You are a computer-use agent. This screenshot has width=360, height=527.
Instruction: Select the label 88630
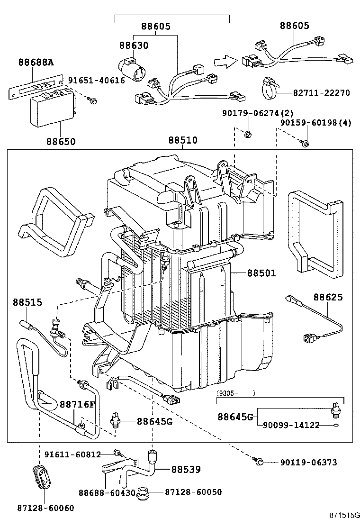[x=134, y=45]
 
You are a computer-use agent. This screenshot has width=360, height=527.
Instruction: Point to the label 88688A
[x=36, y=62]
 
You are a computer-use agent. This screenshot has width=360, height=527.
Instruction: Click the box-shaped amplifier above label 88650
[x=52, y=110]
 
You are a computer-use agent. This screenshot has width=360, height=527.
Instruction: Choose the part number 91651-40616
[x=96, y=81]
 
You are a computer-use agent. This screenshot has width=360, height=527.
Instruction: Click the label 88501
[x=261, y=273]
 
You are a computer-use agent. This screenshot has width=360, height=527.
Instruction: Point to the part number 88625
[x=328, y=297]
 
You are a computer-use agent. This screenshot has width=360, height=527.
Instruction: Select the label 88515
[x=27, y=302]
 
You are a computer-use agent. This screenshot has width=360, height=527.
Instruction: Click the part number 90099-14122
[x=291, y=425]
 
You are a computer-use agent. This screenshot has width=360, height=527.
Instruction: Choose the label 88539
[x=186, y=469]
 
